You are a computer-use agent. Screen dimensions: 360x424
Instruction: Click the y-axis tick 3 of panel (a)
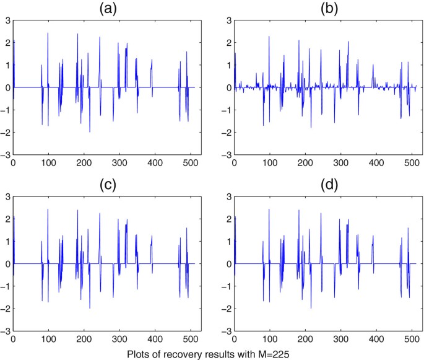tap(6, 20)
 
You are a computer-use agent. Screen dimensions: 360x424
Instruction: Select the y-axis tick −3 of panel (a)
tap(4, 155)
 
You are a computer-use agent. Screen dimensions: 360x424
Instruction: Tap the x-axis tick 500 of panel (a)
tap(189, 163)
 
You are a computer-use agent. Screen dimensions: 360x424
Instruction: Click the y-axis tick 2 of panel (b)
tap(227, 43)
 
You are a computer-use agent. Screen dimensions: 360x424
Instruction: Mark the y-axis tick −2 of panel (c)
tap(4, 309)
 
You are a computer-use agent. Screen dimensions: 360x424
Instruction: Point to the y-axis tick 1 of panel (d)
tap(227, 242)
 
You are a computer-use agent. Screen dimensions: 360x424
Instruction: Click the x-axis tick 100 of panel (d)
tap(269, 340)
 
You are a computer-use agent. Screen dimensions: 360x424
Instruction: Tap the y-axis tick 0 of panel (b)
tap(227, 87)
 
